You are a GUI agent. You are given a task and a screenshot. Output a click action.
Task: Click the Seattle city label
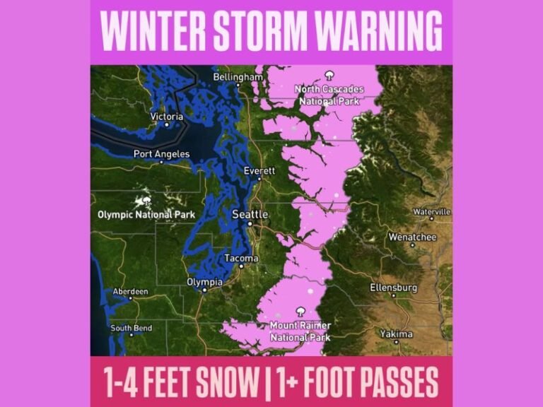point(250,214)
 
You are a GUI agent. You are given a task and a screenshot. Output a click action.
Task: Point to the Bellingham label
point(238,76)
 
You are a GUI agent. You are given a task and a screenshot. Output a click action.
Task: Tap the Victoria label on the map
point(167,117)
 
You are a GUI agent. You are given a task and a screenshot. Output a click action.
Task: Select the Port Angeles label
point(162,154)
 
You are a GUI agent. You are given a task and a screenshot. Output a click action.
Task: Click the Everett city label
point(259,171)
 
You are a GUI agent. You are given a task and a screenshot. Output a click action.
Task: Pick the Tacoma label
point(241,259)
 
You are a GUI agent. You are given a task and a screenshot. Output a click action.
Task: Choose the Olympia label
point(204,282)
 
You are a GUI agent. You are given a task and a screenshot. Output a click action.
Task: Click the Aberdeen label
point(130,291)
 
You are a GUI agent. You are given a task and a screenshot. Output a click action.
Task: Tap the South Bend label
point(131,328)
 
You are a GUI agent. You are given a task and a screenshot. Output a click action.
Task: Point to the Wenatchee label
point(412,237)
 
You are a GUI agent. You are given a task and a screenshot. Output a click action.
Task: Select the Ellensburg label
point(394,288)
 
